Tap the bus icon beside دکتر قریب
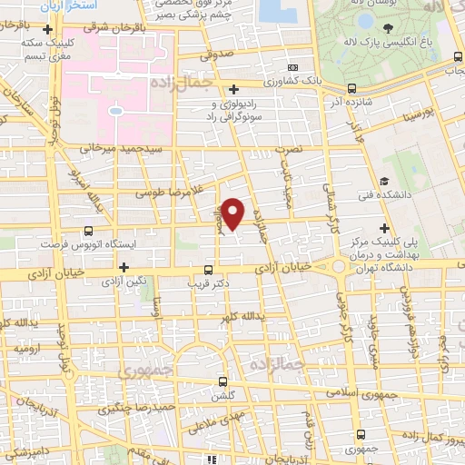(209, 270)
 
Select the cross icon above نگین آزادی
(124, 266)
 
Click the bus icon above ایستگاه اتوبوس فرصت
(88, 231)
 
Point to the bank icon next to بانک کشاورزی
(292, 68)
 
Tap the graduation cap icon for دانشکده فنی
(385, 181)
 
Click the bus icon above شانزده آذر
(351, 88)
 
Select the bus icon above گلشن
(223, 381)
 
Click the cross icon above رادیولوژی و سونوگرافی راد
(234, 88)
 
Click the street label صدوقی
(223, 54)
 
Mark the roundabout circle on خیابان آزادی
(340, 266)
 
